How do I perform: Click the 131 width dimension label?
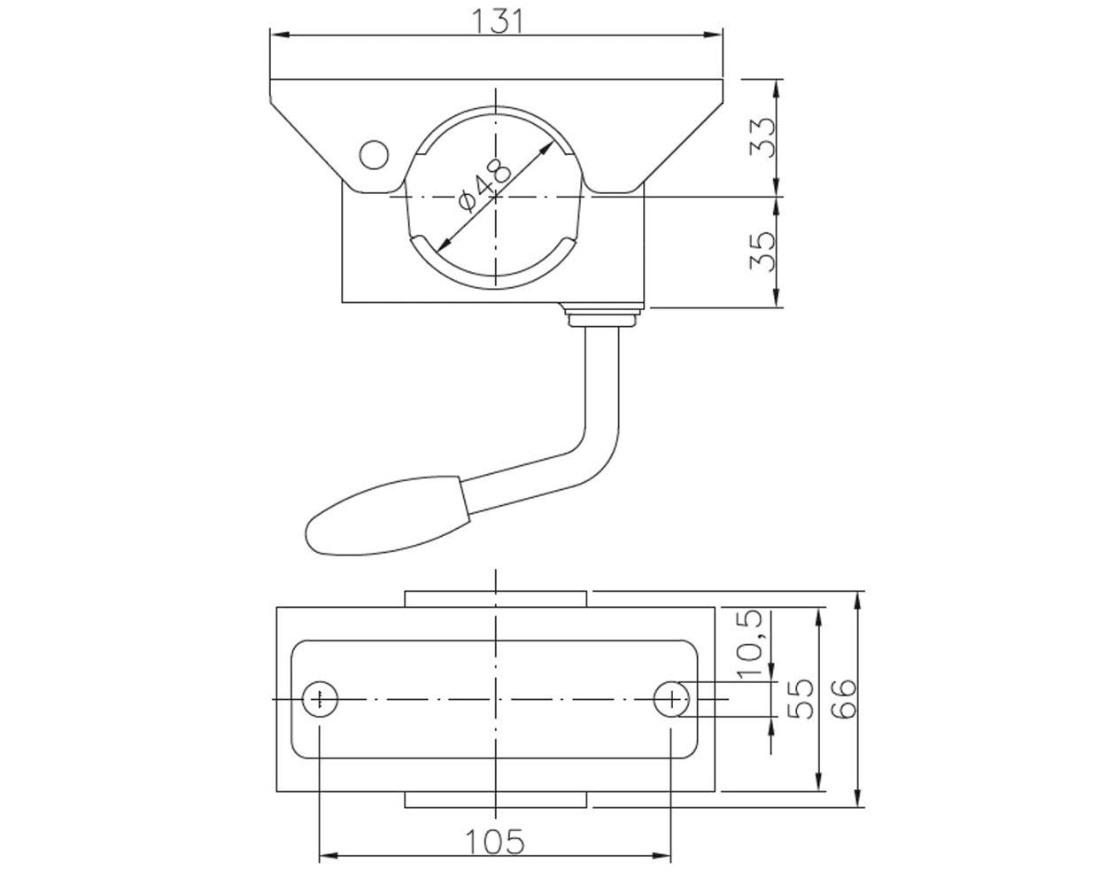click(497, 20)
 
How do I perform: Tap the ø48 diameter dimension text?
click(484, 185)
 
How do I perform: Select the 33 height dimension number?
click(763, 138)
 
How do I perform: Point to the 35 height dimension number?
click(763, 252)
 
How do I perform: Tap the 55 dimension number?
click(801, 699)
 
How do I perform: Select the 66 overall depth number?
click(844, 699)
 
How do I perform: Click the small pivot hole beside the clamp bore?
click(374, 154)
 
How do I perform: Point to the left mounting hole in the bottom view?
click(320, 699)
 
